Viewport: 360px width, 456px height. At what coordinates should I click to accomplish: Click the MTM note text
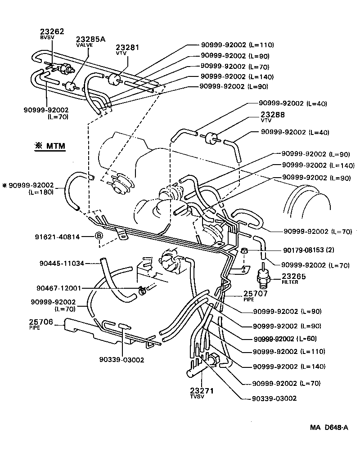(50, 146)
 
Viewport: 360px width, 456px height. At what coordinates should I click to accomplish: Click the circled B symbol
(99, 236)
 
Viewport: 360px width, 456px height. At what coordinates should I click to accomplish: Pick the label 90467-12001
(63, 288)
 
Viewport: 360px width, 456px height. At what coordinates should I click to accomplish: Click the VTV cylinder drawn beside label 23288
(210, 138)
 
